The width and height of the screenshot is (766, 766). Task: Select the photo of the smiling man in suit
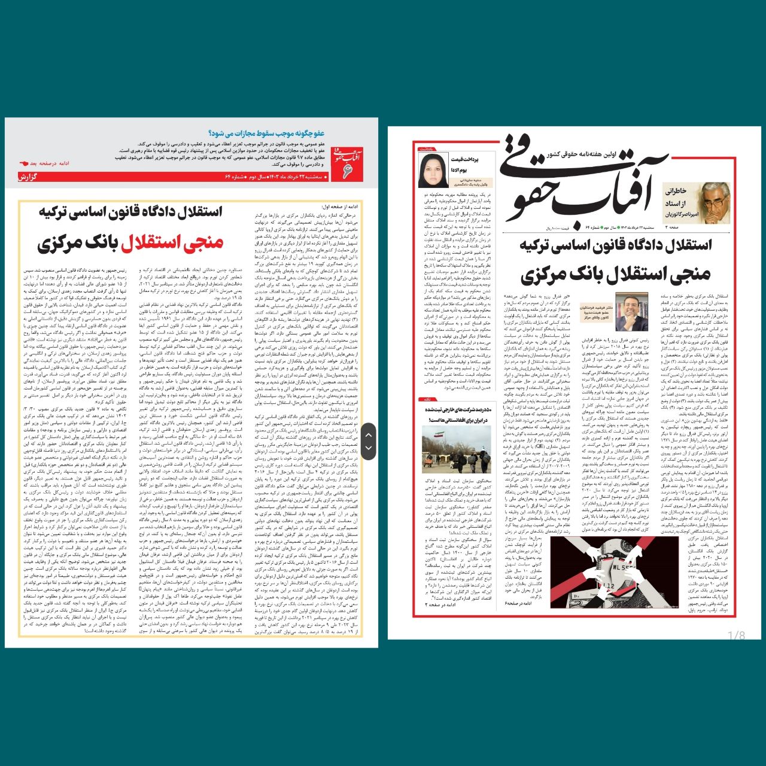point(632,311)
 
